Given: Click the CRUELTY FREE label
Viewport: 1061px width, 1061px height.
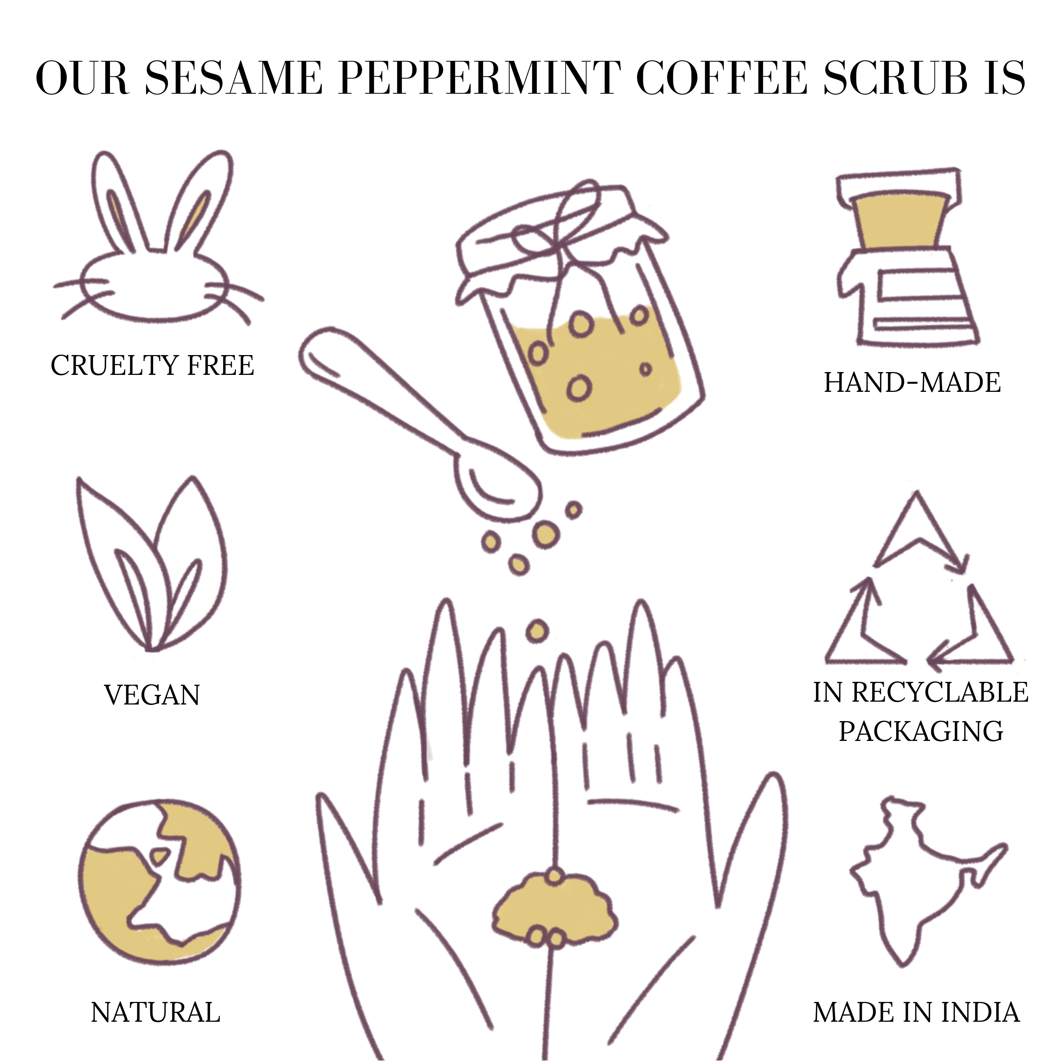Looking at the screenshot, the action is tap(153, 365).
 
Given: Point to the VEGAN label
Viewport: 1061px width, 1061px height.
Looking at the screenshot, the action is tap(152, 695).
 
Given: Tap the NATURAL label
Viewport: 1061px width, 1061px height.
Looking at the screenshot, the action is tap(155, 1013).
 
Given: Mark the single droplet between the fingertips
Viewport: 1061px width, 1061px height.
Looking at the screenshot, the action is tap(537, 632).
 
